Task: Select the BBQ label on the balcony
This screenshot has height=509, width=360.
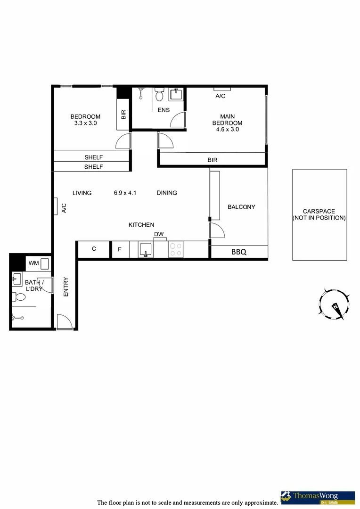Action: (x=239, y=252)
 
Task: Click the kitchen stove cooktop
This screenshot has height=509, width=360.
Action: (x=176, y=249)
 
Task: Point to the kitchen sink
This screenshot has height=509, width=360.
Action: (x=146, y=249)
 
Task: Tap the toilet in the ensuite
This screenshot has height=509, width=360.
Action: (x=159, y=96)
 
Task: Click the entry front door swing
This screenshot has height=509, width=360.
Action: (x=64, y=322)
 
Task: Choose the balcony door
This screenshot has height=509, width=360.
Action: (x=217, y=231)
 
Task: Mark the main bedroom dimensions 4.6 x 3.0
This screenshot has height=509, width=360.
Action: (x=227, y=129)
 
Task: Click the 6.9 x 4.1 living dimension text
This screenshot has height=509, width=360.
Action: (x=125, y=193)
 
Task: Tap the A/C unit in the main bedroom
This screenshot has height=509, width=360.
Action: (x=221, y=89)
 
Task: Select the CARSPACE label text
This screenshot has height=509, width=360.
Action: (x=319, y=212)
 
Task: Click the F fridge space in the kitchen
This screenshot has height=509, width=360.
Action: (x=120, y=249)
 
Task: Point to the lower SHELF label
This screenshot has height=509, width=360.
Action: (x=93, y=167)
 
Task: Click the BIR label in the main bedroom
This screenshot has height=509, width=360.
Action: (x=213, y=160)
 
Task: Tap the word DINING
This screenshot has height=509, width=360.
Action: (x=167, y=193)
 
